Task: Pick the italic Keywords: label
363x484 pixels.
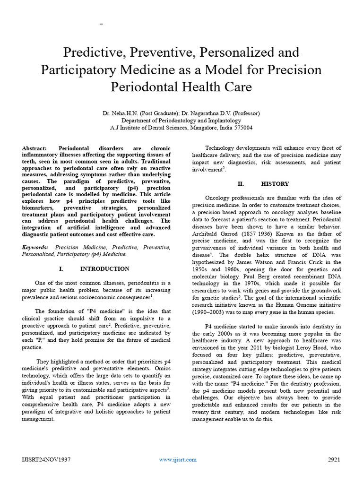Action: pyautogui.click(x=35, y=247)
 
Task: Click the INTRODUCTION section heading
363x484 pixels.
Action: pyautogui.click(x=104, y=269)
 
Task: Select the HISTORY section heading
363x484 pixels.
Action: pyautogui.click(x=275, y=183)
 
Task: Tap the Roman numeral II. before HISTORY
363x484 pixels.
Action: pyautogui.click(x=241, y=183)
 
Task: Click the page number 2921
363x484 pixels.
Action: pyautogui.click(x=334, y=459)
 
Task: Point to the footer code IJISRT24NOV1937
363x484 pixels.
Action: pyautogui.click(x=46, y=459)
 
